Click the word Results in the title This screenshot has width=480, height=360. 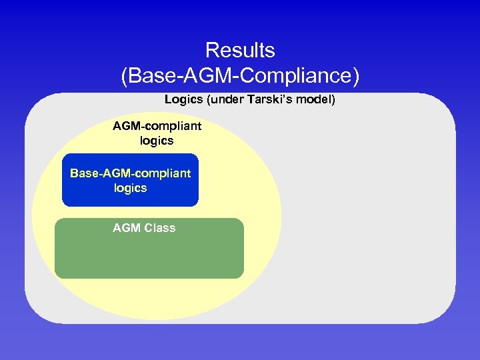coord(240,50)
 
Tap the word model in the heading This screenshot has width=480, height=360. coord(316,100)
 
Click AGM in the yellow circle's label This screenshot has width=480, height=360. coord(127,125)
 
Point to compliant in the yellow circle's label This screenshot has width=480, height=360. coord(175,125)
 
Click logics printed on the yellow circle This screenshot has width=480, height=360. coord(157,141)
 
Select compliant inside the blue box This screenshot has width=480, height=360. coord(163,173)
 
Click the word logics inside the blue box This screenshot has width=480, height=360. coord(130,188)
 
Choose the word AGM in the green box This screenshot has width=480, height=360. coord(127,228)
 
